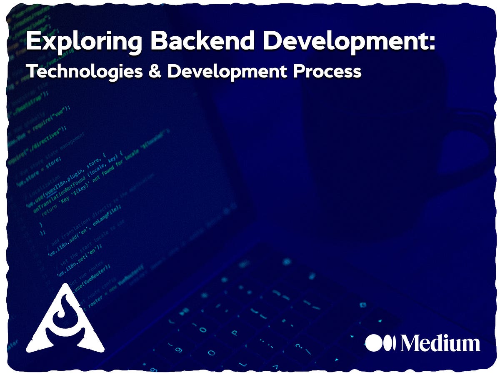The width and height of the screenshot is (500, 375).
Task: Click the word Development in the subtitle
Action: (227, 71)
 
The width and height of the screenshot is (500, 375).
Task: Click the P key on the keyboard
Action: (234, 333)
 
